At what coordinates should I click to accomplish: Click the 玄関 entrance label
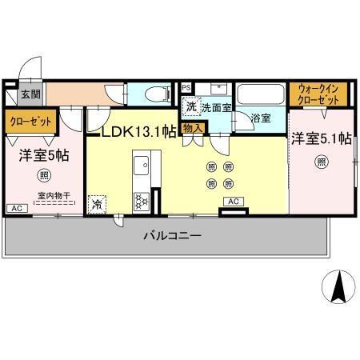pos(30,94)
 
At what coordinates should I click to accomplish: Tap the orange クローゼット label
pos(31,122)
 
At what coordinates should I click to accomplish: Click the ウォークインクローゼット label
pos(317,95)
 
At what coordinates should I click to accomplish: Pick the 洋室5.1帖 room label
pos(321,138)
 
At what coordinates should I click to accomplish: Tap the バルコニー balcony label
pos(172,236)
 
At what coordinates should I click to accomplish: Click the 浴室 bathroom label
pos(261,118)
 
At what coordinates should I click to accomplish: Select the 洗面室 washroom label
pos(216,107)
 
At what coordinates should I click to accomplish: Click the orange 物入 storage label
pos(193,127)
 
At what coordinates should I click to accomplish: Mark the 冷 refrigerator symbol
pos(97,203)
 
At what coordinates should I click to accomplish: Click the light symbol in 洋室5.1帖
pos(321,162)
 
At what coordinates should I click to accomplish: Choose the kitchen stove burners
pos(141,200)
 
